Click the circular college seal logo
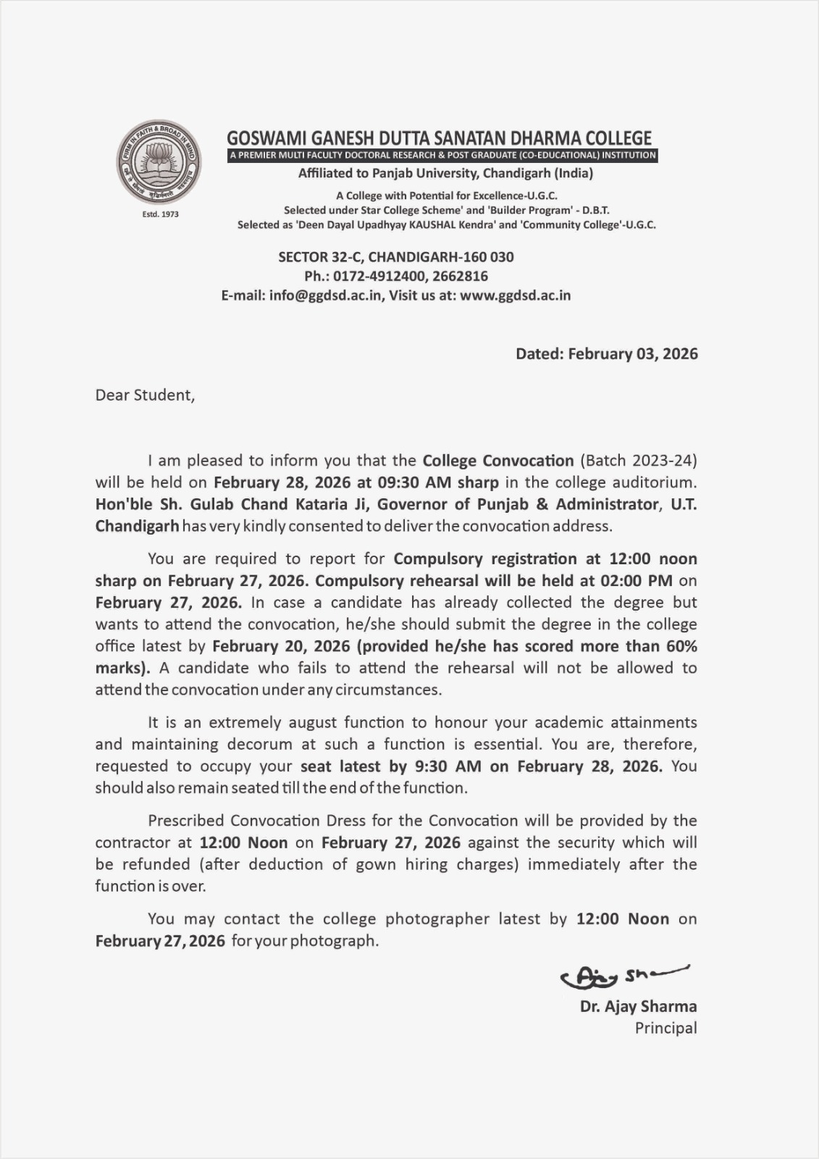(x=159, y=162)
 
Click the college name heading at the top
(x=439, y=138)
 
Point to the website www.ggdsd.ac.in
(x=515, y=296)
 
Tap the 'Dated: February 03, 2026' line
(x=606, y=353)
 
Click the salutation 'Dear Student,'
(x=145, y=396)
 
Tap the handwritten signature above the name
(x=623, y=976)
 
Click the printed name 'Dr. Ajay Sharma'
(x=638, y=1006)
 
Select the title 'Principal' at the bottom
(x=665, y=1028)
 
